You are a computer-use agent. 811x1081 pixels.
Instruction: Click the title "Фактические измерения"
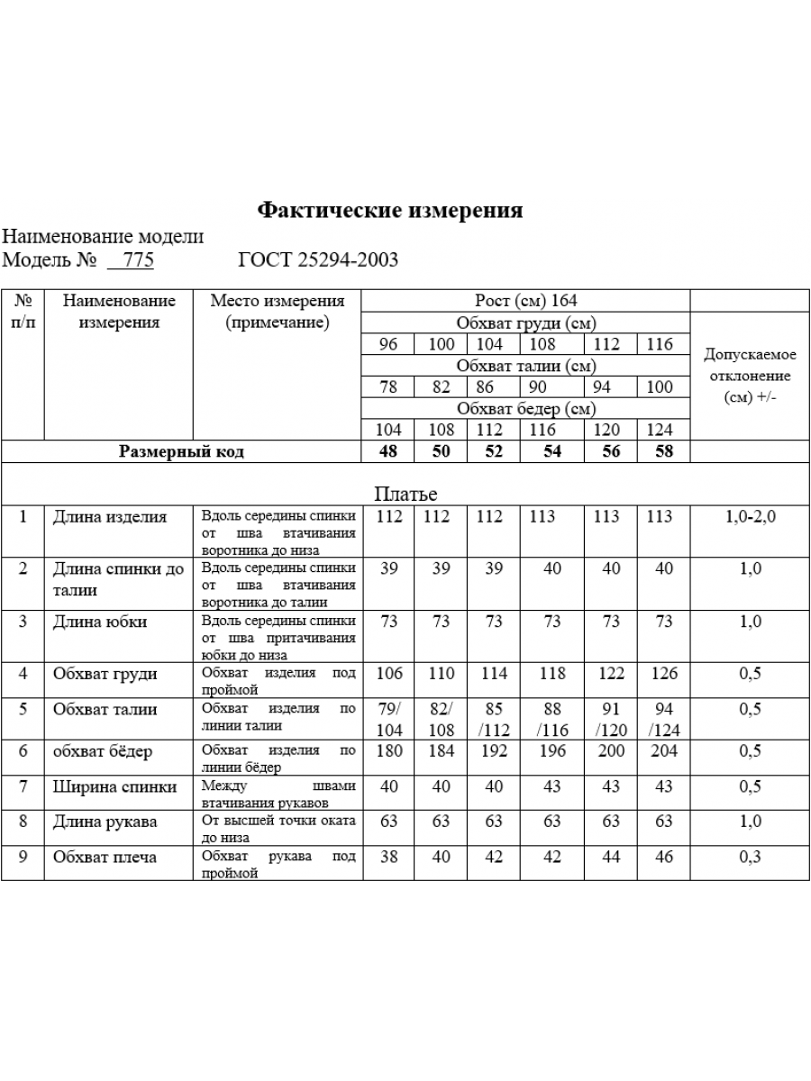pyautogui.click(x=390, y=211)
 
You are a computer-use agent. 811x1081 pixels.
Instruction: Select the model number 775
pyautogui.click(x=139, y=260)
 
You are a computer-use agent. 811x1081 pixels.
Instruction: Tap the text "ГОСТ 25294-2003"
pyautogui.click(x=318, y=260)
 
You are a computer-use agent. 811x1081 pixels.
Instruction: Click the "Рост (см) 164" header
pyautogui.click(x=525, y=301)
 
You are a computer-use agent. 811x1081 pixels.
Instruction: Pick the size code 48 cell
pyautogui.click(x=388, y=451)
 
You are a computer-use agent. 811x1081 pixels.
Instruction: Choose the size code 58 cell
pyautogui.click(x=664, y=451)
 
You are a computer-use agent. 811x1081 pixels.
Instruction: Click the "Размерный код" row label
pyautogui.click(x=181, y=451)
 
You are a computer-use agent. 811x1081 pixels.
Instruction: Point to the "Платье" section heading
pyautogui.click(x=405, y=495)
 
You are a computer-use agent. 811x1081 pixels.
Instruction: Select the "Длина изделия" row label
pyautogui.click(x=110, y=517)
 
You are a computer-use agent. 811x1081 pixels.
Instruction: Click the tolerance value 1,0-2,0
pyautogui.click(x=750, y=517)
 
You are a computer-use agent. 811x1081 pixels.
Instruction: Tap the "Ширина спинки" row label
pyautogui.click(x=114, y=786)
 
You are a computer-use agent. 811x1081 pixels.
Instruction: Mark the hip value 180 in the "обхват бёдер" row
pyautogui.click(x=388, y=751)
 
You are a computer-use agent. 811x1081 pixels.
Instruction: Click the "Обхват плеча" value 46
pyautogui.click(x=664, y=857)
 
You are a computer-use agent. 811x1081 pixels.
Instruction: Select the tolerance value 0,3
pyautogui.click(x=750, y=857)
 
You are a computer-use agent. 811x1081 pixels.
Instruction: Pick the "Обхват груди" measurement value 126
pyautogui.click(x=664, y=673)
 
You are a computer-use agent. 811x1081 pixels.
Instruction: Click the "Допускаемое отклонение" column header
pyautogui.click(x=750, y=376)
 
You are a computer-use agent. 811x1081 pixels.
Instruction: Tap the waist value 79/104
pyautogui.click(x=388, y=720)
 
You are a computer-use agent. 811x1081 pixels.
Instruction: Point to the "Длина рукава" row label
pyautogui.click(x=105, y=822)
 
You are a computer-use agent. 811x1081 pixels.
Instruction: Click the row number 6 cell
pyautogui.click(x=23, y=751)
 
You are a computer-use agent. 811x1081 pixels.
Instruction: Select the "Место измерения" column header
pyautogui.click(x=278, y=311)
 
